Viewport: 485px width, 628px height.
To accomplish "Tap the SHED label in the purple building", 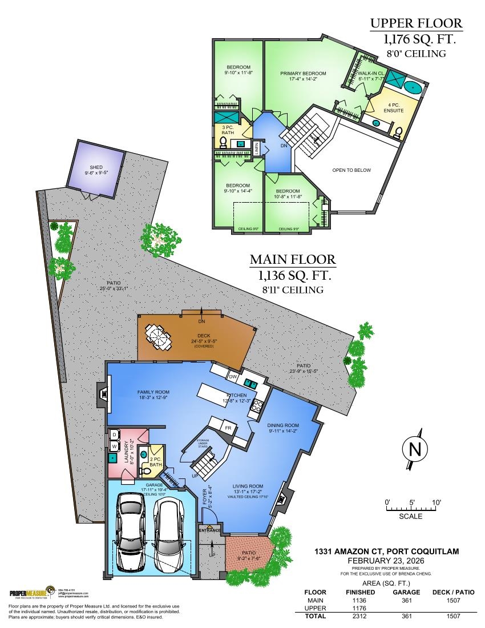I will point(96,167).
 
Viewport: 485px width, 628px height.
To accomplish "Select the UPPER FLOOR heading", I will point(415,24).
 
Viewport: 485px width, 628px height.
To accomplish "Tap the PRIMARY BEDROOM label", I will point(303,74).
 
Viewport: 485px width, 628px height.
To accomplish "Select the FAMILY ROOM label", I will point(153,392).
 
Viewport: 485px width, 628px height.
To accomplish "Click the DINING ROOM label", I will point(283,425).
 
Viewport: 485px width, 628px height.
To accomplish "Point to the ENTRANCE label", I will point(209,530).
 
